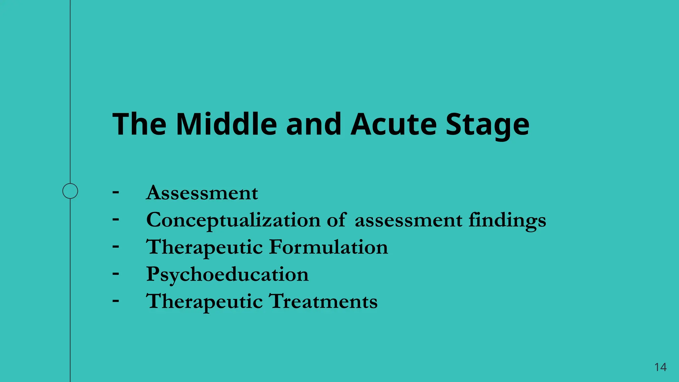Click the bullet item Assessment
202,193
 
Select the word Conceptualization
233,221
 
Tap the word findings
507,221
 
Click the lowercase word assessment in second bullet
408,221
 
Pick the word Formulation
328,247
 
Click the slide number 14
660,367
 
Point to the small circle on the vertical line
70,191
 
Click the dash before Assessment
116,192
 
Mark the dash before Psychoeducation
116,274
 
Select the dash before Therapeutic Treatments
116,301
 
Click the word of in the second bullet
336,220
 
